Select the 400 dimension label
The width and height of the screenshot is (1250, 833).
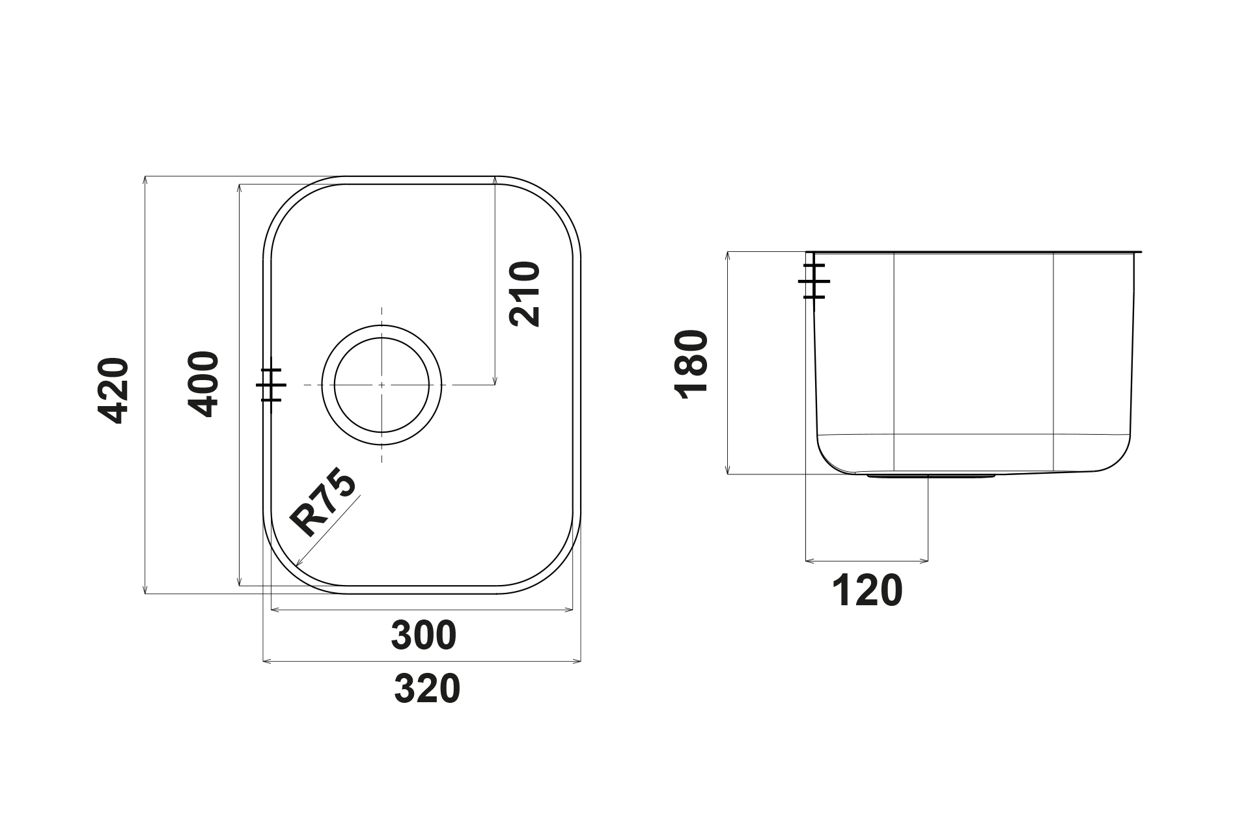tap(203, 384)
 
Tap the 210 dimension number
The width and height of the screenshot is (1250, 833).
tap(525, 294)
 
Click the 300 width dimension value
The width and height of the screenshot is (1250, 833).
tap(424, 636)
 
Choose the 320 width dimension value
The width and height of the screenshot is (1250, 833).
tap(427, 689)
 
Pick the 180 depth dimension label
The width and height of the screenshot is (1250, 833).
tap(692, 364)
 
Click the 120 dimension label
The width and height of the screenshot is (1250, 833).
tap(868, 591)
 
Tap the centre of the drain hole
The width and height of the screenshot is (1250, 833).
tap(382, 385)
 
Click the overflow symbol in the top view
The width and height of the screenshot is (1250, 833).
tap(271, 385)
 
